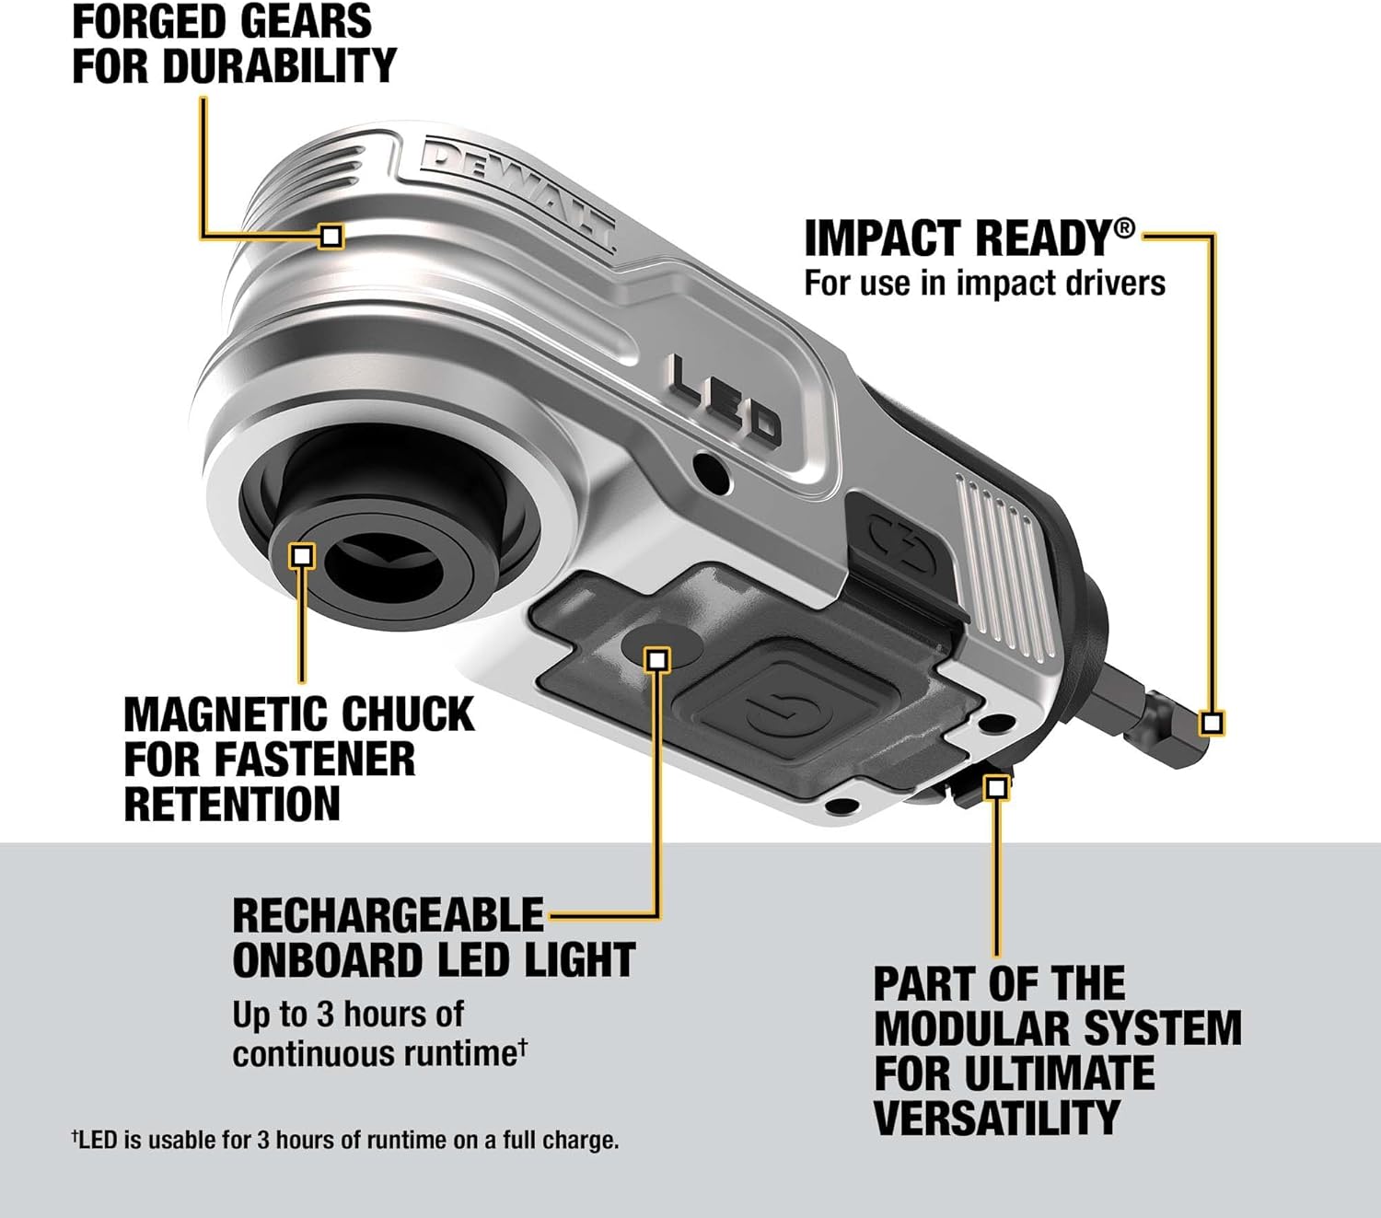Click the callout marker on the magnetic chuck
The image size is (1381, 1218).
click(x=302, y=555)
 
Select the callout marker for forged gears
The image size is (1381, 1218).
click(x=331, y=236)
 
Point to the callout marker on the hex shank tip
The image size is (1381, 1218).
click(x=1213, y=723)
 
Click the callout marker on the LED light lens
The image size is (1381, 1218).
click(x=657, y=659)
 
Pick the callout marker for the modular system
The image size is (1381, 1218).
click(x=997, y=787)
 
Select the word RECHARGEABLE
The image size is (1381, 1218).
click(x=388, y=915)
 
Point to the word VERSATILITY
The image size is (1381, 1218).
click(x=996, y=1118)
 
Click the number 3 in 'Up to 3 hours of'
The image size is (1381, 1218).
click(x=325, y=1015)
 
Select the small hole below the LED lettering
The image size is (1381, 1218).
click(x=713, y=470)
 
